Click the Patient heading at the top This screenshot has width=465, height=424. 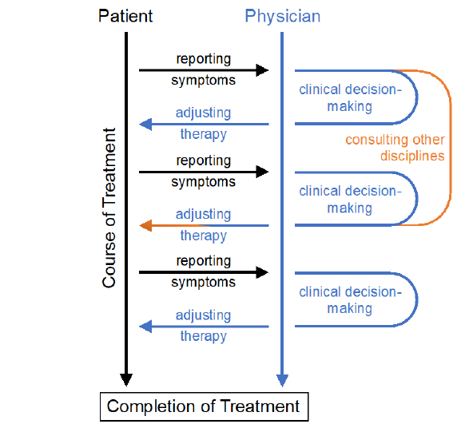point(126,16)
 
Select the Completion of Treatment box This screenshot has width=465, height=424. point(203,406)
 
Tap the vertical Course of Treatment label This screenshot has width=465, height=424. point(109,208)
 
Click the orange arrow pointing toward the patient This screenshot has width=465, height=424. point(204,226)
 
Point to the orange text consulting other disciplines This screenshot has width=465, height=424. point(394,148)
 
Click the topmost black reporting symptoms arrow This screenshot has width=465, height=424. point(204,70)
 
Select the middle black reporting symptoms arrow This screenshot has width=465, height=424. point(204,171)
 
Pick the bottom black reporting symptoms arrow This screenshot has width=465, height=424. point(204,272)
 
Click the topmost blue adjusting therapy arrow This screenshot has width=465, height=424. point(204,125)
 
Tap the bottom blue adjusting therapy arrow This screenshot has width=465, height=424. point(204,327)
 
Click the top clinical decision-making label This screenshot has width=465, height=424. point(349,98)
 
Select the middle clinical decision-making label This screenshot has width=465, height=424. point(349,200)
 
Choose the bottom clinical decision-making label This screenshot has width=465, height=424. point(349,300)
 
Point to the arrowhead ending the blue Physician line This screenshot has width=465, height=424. point(281,379)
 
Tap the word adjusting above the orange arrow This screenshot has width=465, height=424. point(204,214)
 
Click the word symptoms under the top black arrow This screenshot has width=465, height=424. point(204,81)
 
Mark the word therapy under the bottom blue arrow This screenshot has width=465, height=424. point(204,336)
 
